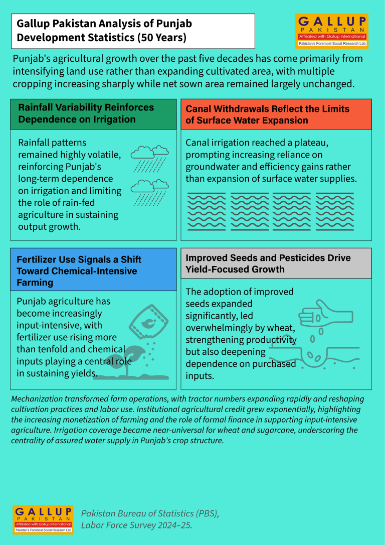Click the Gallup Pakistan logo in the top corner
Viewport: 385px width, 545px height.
331,31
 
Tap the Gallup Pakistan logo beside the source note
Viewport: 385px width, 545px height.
43,519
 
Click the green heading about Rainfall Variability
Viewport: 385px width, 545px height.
93,114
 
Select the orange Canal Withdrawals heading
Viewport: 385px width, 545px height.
276,114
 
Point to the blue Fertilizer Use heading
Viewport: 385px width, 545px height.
93,269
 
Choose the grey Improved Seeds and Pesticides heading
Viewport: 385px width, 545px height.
276,263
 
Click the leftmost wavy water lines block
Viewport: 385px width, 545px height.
207,211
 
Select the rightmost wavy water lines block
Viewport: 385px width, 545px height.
335,211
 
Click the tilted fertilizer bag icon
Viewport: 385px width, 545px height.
149,322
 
